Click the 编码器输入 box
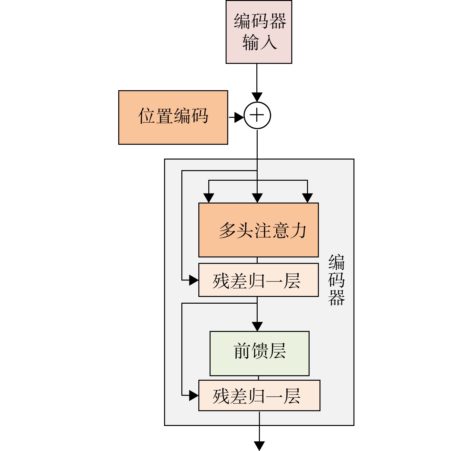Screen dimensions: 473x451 coord(259,32)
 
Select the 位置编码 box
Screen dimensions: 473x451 coord(173,117)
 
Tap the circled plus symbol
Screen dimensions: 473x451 coord(257,115)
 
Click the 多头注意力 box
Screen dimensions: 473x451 coord(258,230)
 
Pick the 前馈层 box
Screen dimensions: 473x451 coord(259,353)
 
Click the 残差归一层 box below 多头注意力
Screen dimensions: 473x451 coord(258,280)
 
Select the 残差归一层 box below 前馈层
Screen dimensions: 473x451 coord(259,395)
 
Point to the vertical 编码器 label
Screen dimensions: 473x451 coord(336,280)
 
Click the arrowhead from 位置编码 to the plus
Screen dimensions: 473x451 coord(239,117)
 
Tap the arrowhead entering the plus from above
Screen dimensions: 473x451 coord(257,97)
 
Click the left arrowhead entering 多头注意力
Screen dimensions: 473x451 coord(209,198)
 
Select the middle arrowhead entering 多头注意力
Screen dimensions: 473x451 coord(257,198)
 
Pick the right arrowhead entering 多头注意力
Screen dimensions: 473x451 coord(307,198)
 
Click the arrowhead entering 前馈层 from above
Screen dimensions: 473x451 coord(257,327)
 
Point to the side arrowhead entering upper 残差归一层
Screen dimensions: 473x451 coord(194,280)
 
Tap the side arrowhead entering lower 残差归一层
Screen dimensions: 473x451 coord(194,395)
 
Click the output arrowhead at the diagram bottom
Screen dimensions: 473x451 coord(259,446)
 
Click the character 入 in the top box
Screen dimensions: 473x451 coord(269,42)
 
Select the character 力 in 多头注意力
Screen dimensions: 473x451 coord(298,230)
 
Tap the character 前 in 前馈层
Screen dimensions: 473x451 coord(242,351)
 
